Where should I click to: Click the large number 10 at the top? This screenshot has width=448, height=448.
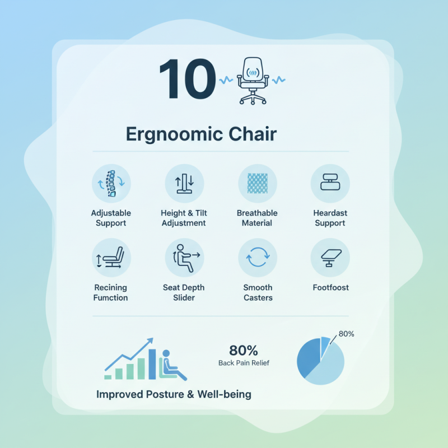(x=187, y=80)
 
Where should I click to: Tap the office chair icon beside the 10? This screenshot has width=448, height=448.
(x=253, y=81)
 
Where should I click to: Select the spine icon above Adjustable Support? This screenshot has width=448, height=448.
(x=111, y=184)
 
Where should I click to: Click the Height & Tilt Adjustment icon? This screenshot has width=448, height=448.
(x=184, y=184)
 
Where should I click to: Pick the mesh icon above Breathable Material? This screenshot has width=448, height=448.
(x=257, y=184)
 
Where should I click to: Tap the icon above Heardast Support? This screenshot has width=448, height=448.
(x=330, y=184)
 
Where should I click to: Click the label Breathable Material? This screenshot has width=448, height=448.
(x=257, y=218)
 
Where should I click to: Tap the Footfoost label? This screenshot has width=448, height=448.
(x=330, y=287)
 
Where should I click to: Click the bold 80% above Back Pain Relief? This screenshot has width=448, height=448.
(x=244, y=351)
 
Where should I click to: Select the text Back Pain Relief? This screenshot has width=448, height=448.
(x=244, y=363)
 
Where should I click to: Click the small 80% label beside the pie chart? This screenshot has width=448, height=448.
(x=346, y=334)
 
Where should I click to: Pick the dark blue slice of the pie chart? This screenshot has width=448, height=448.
(x=309, y=358)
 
